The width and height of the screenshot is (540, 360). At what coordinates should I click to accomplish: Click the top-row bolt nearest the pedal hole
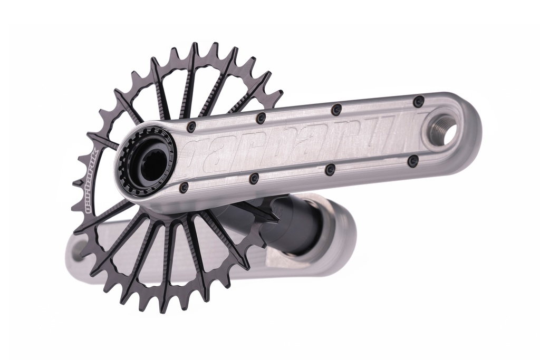(418, 101)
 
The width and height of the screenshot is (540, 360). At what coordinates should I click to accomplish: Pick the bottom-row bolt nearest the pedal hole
(413, 161)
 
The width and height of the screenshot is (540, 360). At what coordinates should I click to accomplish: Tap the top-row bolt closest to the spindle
(191, 127)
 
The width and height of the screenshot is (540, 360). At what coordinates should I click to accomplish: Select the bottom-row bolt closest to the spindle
(184, 188)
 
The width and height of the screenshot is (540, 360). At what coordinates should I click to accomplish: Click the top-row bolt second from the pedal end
(336, 110)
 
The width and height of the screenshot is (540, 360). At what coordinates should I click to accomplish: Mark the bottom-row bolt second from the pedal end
(330, 169)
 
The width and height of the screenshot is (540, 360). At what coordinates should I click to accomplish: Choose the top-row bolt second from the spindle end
(261, 118)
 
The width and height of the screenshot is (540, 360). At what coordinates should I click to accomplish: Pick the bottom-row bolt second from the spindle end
(254, 179)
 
